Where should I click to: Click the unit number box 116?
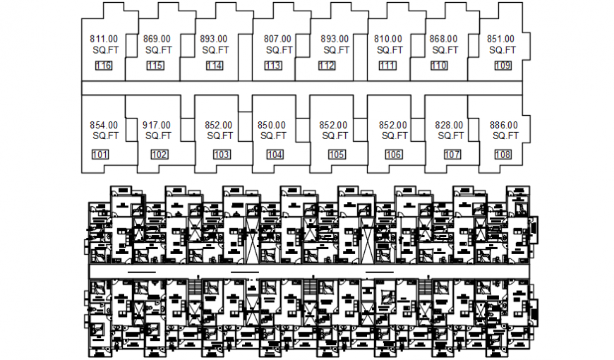coord(104,66)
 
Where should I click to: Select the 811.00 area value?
coord(104,39)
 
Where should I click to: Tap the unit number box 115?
coord(155,66)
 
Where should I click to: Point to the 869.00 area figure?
coord(157,39)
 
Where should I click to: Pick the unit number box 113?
coord(273,66)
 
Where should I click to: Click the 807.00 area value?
coord(277,39)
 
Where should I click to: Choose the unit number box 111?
coord(387,66)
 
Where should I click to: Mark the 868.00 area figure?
coord(443,39)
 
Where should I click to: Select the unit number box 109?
coord(502,66)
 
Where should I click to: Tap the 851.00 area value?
coord(500,39)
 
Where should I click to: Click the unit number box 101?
coord(101,155)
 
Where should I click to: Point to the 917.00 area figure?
coord(157,125)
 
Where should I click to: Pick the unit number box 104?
coord(275,155)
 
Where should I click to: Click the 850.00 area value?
coord(272,125)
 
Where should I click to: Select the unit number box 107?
coord(452,155)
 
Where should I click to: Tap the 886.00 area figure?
coord(504,125)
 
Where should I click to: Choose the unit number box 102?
coord(159,155)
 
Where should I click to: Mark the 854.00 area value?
coord(104,125)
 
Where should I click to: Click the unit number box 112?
coord(327,66)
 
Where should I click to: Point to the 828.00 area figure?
coord(450,125)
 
